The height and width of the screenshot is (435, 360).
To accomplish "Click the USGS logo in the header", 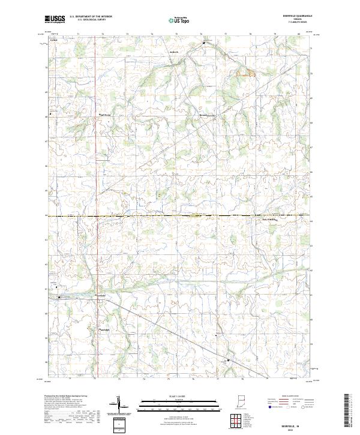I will point(55,20).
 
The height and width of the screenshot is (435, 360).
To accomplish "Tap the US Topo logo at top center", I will point(180,20).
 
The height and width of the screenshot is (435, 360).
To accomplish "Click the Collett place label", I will point(53,41).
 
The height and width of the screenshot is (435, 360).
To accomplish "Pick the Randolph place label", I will point(103,330).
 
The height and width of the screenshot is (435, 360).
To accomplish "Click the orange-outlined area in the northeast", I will point(245,73).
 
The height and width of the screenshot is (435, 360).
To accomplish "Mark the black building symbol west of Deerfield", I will point(59,297).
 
